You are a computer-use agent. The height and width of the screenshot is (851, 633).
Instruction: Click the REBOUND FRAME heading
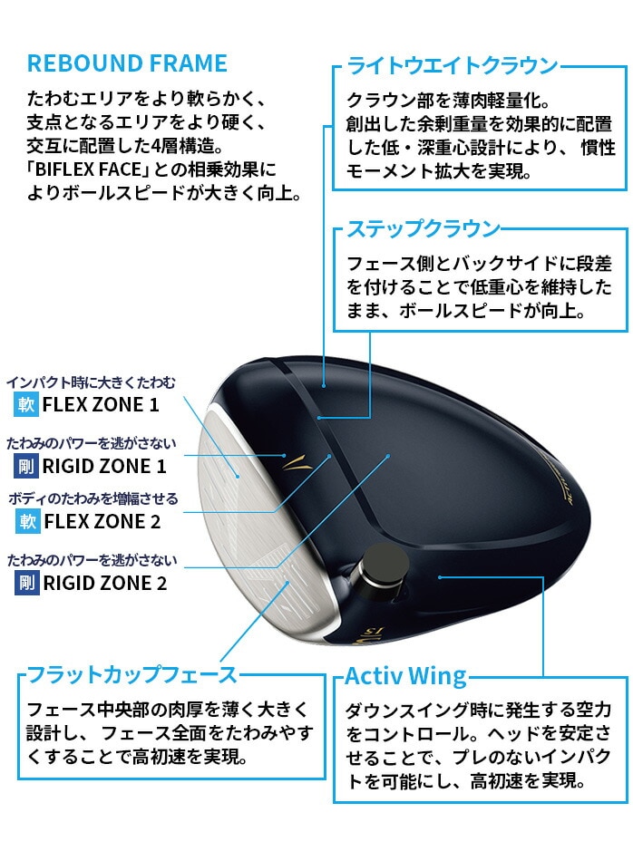point(127,63)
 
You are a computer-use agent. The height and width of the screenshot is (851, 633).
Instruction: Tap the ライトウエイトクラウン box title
point(453,65)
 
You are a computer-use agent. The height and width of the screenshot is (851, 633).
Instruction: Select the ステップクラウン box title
point(423,228)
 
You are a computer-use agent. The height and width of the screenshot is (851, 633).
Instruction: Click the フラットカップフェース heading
point(132,674)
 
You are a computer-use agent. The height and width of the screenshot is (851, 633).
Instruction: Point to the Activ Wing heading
point(406,676)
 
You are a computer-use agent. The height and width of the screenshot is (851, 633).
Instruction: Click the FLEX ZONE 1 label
point(101,405)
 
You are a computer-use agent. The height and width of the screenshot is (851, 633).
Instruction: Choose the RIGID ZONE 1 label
point(103,466)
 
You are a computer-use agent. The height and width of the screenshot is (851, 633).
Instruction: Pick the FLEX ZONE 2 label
point(102,521)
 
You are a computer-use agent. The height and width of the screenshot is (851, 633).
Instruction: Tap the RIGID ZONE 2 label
point(105,584)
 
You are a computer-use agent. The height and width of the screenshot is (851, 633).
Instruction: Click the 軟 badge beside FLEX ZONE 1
point(26,405)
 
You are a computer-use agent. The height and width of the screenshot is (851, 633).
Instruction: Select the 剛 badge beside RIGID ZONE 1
point(26,466)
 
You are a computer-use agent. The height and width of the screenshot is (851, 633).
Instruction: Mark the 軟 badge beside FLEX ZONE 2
point(28,521)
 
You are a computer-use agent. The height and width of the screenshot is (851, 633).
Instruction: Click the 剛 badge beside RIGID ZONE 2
point(27,584)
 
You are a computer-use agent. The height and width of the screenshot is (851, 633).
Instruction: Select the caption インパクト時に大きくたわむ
point(92,382)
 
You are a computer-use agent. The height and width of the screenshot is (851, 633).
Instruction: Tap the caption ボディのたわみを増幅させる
point(93,498)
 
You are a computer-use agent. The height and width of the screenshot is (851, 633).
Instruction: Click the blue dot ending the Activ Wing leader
point(440,577)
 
